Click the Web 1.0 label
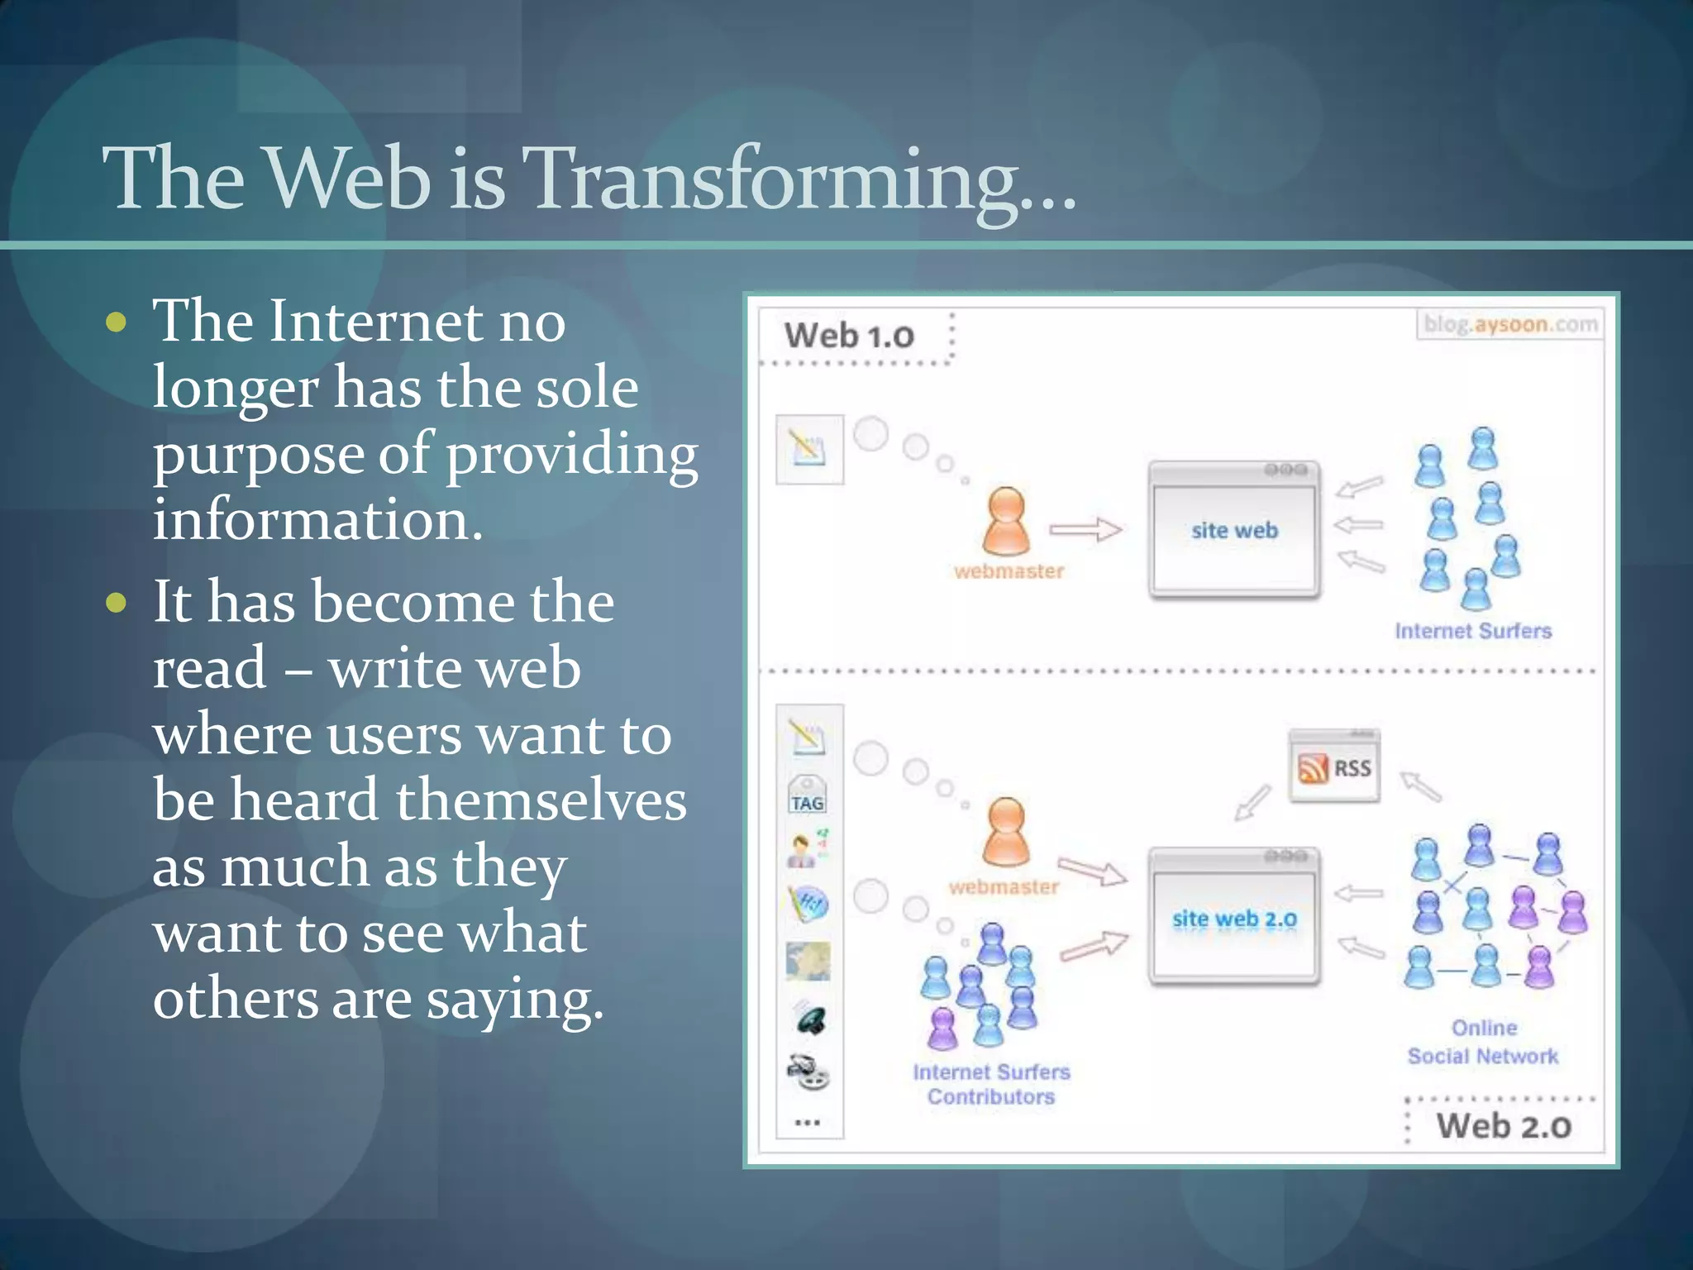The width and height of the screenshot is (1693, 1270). pyautogui.click(x=849, y=336)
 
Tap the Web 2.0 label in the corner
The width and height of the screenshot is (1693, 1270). pyautogui.click(x=1503, y=1126)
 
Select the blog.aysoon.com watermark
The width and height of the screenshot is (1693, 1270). pyautogui.click(x=1509, y=324)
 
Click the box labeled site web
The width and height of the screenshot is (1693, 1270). pyautogui.click(x=1234, y=530)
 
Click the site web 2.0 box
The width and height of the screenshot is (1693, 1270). pyautogui.click(x=1234, y=918)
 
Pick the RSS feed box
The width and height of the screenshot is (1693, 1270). pyautogui.click(x=1334, y=767)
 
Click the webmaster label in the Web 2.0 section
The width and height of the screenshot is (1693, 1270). pyautogui.click(x=1004, y=887)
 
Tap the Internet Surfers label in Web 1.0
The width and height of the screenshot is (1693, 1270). pyautogui.click(x=1473, y=631)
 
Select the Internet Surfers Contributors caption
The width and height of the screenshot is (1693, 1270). pyautogui.click(x=991, y=1084)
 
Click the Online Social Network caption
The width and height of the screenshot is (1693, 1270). pyautogui.click(x=1483, y=1042)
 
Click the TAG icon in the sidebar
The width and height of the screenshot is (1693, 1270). pyautogui.click(x=808, y=796)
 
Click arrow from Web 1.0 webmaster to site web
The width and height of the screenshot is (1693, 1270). pyautogui.click(x=1085, y=529)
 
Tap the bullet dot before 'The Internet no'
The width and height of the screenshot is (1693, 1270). pyautogui.click(x=117, y=322)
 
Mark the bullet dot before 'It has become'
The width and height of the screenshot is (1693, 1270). pyautogui.click(x=117, y=602)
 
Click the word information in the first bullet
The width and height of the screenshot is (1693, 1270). pyautogui.click(x=317, y=520)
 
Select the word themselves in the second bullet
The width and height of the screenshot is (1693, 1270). pyautogui.click(x=541, y=800)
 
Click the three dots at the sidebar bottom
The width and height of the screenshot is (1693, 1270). pyautogui.click(x=807, y=1122)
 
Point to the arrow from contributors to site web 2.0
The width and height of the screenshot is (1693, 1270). pyautogui.click(x=1094, y=946)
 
